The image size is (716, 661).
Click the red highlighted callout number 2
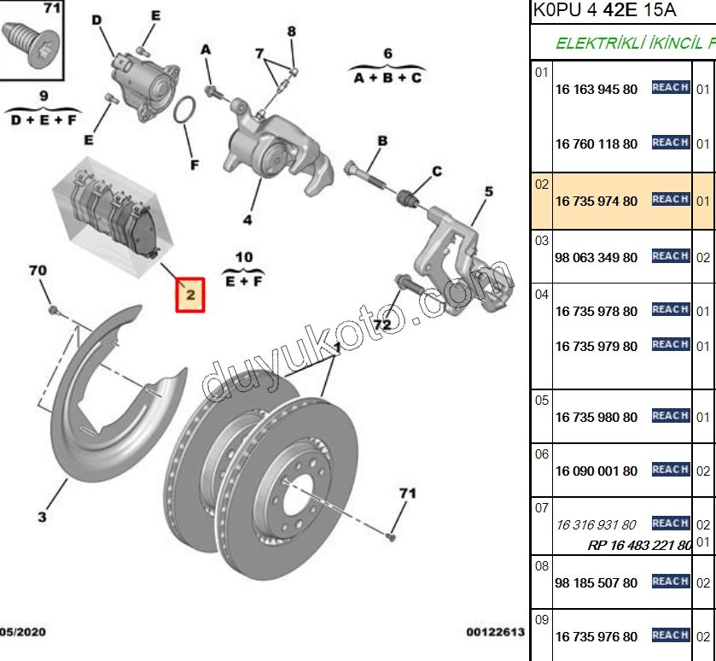click(x=191, y=295)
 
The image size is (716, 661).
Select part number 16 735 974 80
click(x=596, y=202)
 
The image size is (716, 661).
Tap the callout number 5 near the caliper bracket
click(x=488, y=191)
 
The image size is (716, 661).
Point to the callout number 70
click(x=38, y=271)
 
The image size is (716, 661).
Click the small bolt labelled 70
click(x=52, y=307)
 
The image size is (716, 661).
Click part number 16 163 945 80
click(x=596, y=89)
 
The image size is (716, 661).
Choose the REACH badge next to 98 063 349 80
click(x=670, y=255)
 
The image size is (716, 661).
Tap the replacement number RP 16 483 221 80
click(x=639, y=545)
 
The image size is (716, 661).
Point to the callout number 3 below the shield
click(x=42, y=516)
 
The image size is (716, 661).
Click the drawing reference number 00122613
click(x=494, y=633)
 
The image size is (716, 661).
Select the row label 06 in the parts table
click(x=542, y=453)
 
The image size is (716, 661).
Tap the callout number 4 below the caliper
click(x=247, y=219)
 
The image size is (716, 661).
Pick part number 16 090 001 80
click(x=596, y=471)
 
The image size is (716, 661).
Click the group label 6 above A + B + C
click(x=387, y=54)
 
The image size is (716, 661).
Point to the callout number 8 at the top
click(x=291, y=32)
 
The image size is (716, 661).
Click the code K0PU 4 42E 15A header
click(x=603, y=10)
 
